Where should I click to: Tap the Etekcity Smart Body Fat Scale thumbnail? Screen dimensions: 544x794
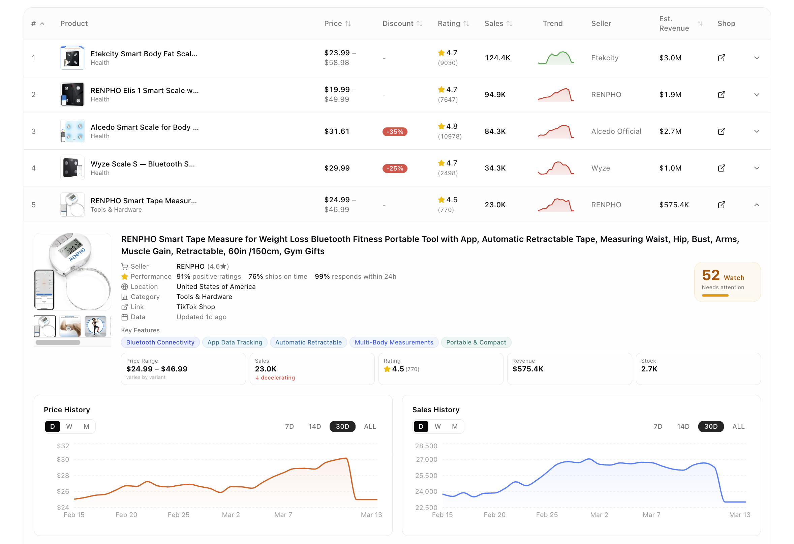(72, 58)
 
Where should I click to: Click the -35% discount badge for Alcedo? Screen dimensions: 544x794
(395, 131)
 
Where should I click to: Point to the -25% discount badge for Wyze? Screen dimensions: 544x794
(395, 169)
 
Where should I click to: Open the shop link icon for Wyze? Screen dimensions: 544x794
(721, 168)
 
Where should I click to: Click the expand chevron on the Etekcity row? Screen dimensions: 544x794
(756, 58)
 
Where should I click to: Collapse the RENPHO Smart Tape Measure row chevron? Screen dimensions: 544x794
(756, 205)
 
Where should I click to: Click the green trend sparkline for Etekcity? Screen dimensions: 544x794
(555, 58)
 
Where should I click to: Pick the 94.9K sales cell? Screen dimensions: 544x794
(495, 95)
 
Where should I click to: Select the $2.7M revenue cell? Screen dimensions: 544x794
(670, 131)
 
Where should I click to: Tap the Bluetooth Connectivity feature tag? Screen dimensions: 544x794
(160, 342)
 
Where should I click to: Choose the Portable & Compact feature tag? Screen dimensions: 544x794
(476, 342)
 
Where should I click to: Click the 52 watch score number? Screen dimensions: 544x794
(711, 275)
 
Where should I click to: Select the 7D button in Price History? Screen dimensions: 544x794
(289, 426)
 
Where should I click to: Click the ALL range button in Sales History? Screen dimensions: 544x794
(738, 426)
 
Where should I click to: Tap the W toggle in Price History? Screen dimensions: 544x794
(69, 426)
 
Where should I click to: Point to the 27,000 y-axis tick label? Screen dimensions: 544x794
(426, 460)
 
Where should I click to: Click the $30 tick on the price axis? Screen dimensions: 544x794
(63, 460)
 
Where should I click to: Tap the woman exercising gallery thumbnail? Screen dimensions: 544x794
(95, 326)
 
